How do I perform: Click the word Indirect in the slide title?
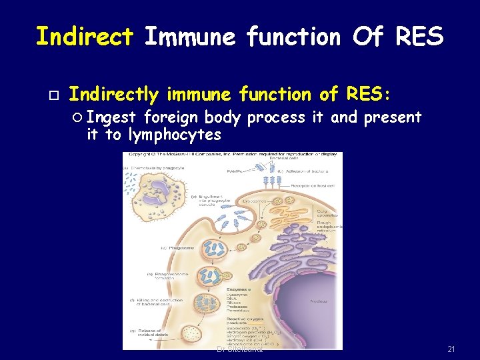point(85,36)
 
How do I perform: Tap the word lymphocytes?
point(175,135)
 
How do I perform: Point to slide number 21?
point(451,349)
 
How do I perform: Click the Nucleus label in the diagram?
point(319,301)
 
